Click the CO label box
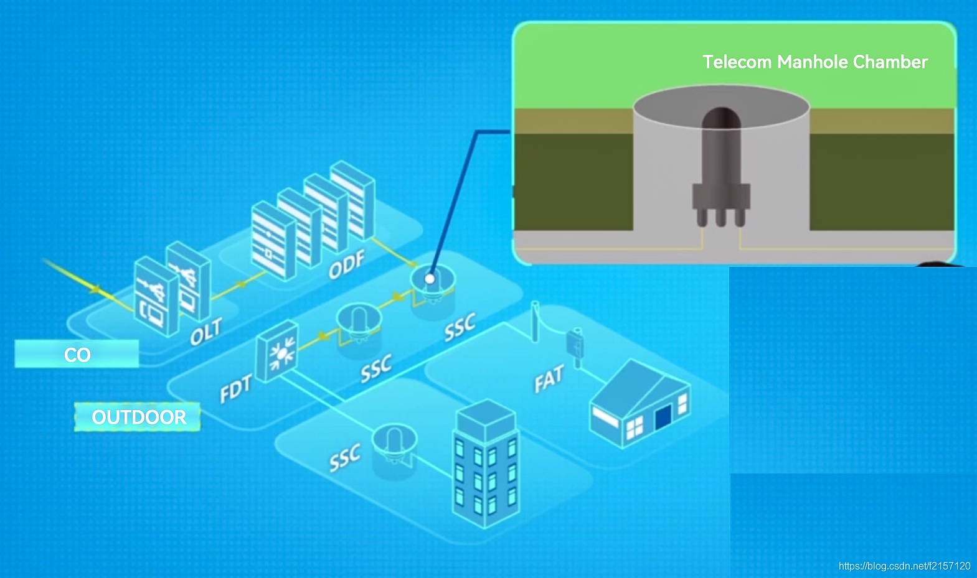77,354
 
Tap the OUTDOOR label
138,417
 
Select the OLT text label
206,332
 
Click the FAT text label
549,379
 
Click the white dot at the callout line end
430,279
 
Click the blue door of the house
664,417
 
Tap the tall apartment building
486,464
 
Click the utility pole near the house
535,321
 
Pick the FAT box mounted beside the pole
574,344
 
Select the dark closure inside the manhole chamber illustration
721,168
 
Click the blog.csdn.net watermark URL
904,566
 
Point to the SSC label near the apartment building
345,458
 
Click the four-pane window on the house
634,428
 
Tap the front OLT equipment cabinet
156,297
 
